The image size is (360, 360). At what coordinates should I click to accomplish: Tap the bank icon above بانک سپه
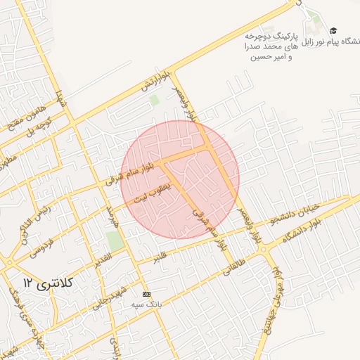pos(146,294)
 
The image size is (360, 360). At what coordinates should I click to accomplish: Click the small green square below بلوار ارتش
pos(154,101)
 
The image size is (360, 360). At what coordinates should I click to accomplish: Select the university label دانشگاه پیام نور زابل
pos(330,43)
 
